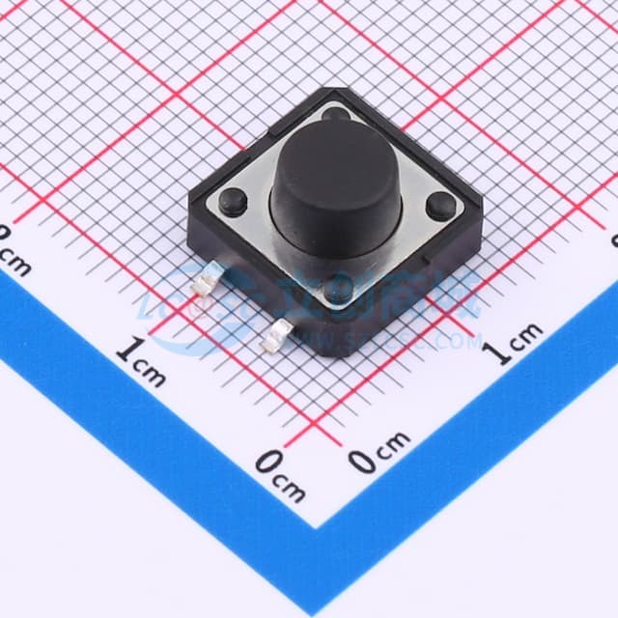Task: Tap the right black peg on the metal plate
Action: click(440, 205)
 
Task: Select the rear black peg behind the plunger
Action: click(336, 115)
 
